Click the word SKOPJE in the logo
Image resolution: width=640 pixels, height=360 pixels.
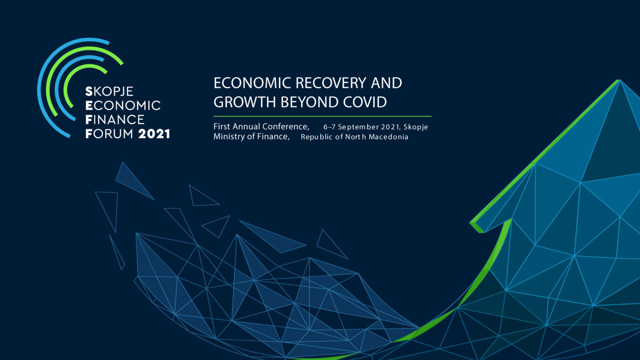point(109,92)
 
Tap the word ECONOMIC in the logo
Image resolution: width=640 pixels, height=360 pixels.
point(123,105)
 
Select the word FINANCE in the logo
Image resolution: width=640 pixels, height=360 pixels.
point(115,120)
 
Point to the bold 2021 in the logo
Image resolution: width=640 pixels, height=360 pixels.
point(154,134)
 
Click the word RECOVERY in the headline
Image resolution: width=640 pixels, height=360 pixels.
point(330,83)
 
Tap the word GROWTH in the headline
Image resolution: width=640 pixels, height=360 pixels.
point(245,102)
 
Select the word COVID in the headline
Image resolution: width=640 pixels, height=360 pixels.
point(365,102)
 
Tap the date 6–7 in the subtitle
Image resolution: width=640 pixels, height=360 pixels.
point(329,127)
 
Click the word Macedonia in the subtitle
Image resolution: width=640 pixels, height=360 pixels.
point(388,137)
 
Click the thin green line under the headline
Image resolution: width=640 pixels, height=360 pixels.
point(322,116)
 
